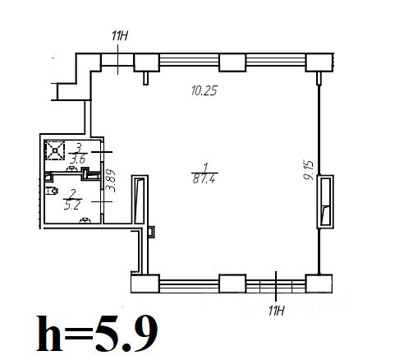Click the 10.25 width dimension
point(204,90)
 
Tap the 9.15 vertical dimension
point(309,170)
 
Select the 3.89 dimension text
point(111,181)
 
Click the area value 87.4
point(204,179)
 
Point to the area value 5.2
point(71,205)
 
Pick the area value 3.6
point(78,159)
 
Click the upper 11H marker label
point(120,36)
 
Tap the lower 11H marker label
point(277,311)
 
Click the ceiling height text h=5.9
point(97,334)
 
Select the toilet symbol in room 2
point(52,191)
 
